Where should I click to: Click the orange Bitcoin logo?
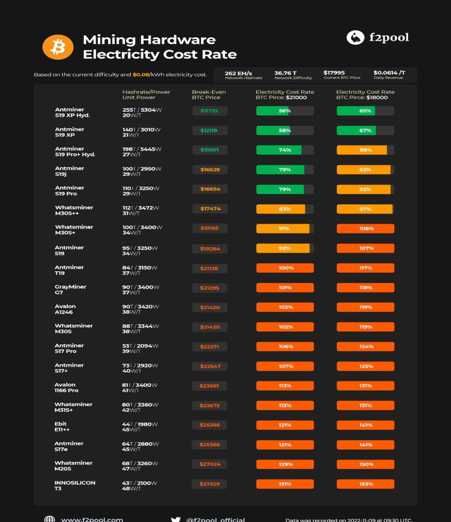[58, 47]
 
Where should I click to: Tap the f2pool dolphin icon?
[355, 38]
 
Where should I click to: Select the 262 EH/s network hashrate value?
[238, 73]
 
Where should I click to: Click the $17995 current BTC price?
[334, 73]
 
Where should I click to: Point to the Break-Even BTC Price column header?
[209, 95]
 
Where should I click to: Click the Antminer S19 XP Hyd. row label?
[72, 112]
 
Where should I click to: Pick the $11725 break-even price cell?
[210, 111]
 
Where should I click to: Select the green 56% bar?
[284, 111]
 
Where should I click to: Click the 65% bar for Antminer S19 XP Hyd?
[365, 111]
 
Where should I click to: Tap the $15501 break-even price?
[210, 150]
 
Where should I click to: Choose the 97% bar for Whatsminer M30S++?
[365, 209]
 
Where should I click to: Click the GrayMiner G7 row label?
[70, 289]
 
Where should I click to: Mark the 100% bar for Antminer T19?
[285, 268]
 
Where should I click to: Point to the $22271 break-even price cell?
[210, 346]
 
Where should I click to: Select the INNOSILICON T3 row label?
[75, 485]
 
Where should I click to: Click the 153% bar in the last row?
[365, 484]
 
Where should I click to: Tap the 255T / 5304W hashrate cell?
[142, 110]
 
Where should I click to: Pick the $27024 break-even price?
[210, 464]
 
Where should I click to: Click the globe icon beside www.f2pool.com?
[50, 519]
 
